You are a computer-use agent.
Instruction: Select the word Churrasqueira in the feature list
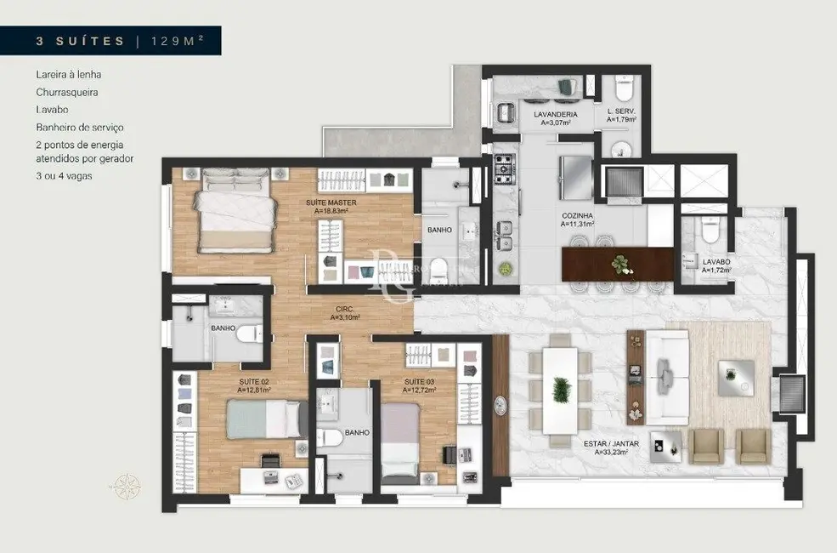pos(61,92)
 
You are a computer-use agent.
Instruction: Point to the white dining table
pos(560,390)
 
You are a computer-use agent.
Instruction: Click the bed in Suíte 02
pos(266,419)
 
